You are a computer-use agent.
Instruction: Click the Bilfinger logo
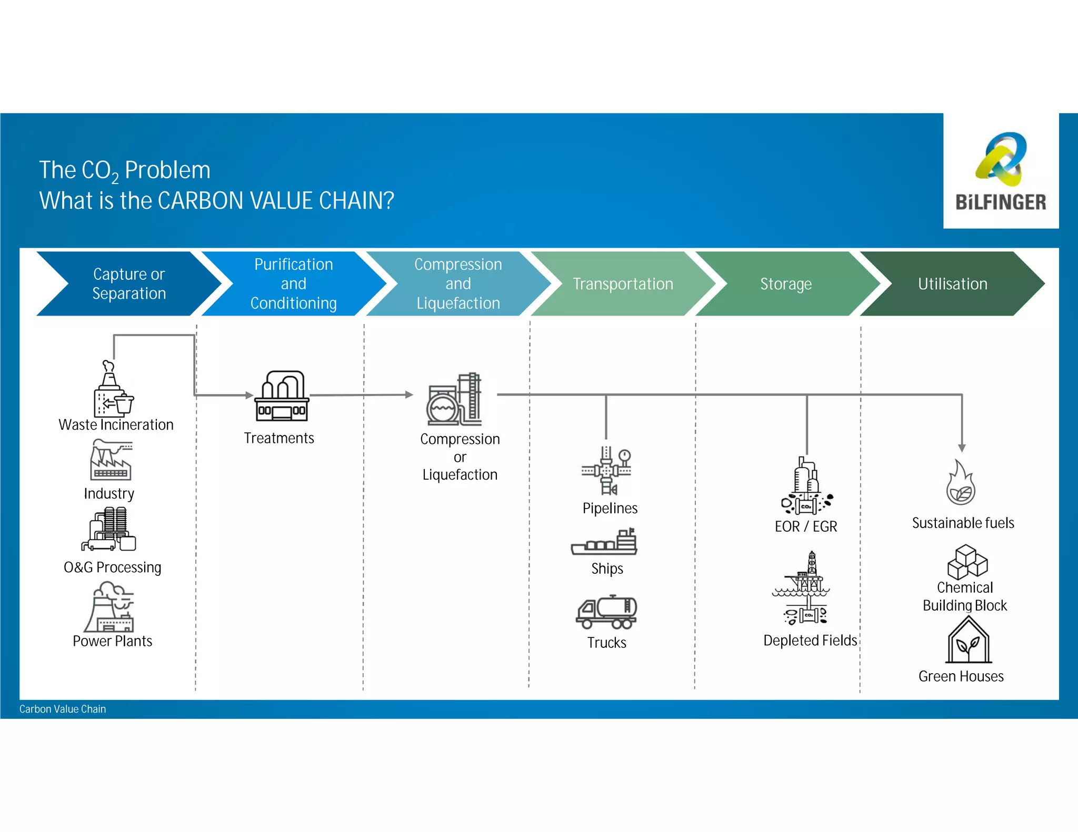coord(1000,171)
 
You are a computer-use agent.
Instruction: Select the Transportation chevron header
coord(623,284)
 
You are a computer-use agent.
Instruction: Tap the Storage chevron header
coord(786,284)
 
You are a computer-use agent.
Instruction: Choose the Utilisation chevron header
coord(952,284)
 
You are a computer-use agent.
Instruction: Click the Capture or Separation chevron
coord(129,284)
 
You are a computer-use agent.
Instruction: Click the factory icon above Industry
coord(111,460)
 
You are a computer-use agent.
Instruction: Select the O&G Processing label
coord(112,567)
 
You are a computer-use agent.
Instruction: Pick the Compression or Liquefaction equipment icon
coord(454,400)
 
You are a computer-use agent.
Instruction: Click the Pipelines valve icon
coord(606,471)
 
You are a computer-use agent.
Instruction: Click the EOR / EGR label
coord(805,526)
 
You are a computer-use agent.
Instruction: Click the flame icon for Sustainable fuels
coord(961,483)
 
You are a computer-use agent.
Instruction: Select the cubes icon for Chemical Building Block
coord(967,562)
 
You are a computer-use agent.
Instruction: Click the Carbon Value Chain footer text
coord(63,709)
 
